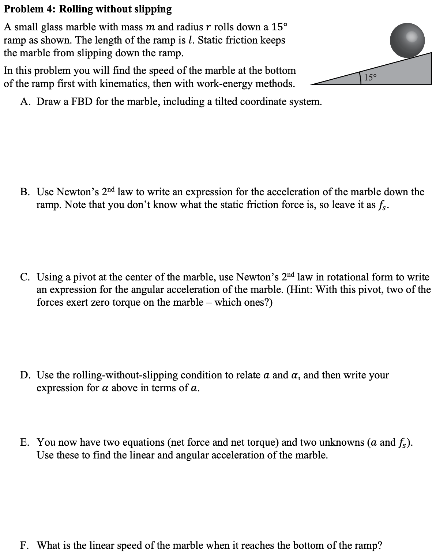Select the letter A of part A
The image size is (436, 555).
(25, 101)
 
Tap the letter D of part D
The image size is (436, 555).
(25, 375)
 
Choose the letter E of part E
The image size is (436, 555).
(24, 442)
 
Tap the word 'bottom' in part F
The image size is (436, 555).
(309, 545)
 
